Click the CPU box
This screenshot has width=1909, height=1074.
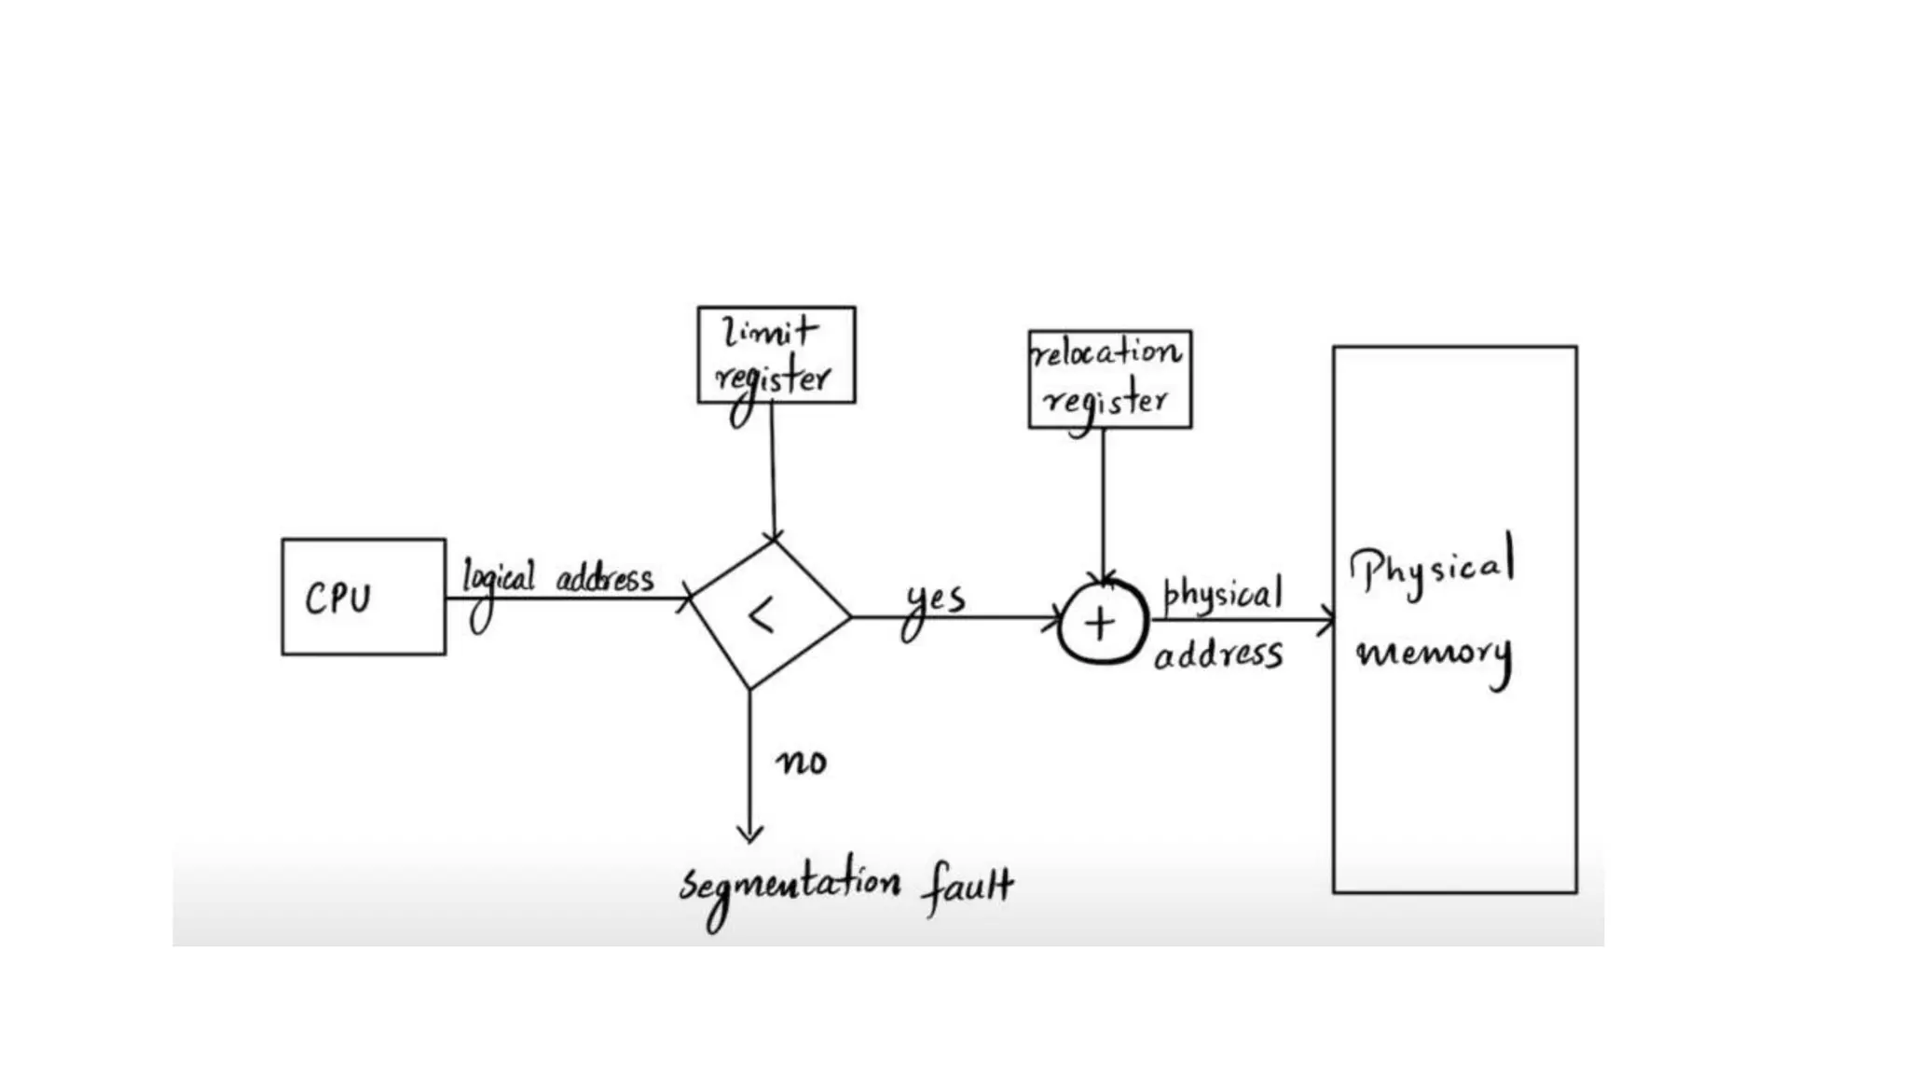tap(364, 597)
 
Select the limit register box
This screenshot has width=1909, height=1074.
tap(776, 355)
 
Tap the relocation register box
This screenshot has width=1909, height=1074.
tap(1109, 379)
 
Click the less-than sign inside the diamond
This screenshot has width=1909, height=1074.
tap(762, 617)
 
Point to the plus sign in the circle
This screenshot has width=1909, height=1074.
tap(1101, 623)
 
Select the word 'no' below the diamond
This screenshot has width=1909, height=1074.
tap(802, 762)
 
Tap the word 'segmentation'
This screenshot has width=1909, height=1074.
tap(790, 888)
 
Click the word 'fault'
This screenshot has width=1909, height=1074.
tap(968, 886)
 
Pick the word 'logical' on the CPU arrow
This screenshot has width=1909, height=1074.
tap(499, 582)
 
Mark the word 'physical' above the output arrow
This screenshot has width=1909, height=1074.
tap(1222, 594)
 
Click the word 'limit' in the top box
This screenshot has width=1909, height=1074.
tap(770, 331)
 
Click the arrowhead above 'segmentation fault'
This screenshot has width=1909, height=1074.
tap(749, 833)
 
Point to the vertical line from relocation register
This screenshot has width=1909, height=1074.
tap(1104, 503)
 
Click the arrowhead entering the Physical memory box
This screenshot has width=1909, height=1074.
tap(1325, 619)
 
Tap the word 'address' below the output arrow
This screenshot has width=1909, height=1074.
tap(1218, 654)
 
